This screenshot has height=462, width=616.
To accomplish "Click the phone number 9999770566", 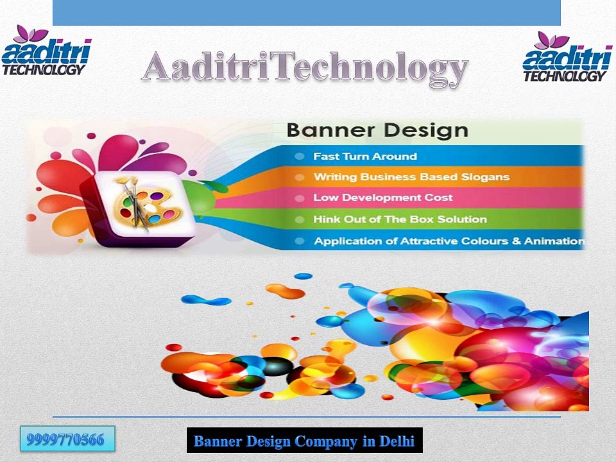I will (x=67, y=440).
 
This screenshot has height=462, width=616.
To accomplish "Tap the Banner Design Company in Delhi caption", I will (x=304, y=441).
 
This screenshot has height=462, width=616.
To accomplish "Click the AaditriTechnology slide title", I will (x=304, y=69).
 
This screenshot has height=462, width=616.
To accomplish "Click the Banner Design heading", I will (x=377, y=130).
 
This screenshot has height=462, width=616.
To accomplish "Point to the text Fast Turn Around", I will (x=364, y=156).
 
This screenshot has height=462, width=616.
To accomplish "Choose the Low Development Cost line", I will (x=382, y=198).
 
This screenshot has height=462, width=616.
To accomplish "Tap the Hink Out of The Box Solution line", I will (x=400, y=219).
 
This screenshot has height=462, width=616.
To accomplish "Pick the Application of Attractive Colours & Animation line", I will (x=449, y=241).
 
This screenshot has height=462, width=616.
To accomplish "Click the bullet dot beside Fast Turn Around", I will (x=300, y=157).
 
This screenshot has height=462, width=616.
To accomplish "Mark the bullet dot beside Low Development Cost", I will (x=300, y=198).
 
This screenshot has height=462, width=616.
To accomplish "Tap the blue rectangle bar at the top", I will (x=306, y=12).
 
